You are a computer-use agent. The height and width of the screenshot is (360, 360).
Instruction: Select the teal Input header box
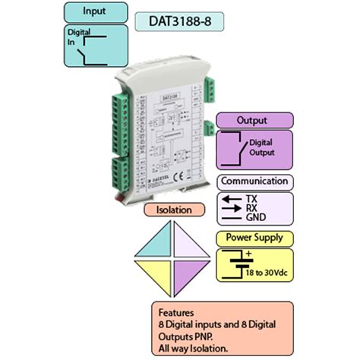(x=94, y=13)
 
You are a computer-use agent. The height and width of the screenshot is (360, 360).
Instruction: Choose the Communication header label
(x=254, y=182)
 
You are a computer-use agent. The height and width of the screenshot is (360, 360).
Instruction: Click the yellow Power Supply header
(x=254, y=237)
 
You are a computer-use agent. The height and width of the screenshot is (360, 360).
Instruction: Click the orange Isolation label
(x=172, y=209)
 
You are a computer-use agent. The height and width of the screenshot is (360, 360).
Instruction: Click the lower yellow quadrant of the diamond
(x=157, y=272)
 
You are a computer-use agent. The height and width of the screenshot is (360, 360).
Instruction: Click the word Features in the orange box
(x=176, y=312)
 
